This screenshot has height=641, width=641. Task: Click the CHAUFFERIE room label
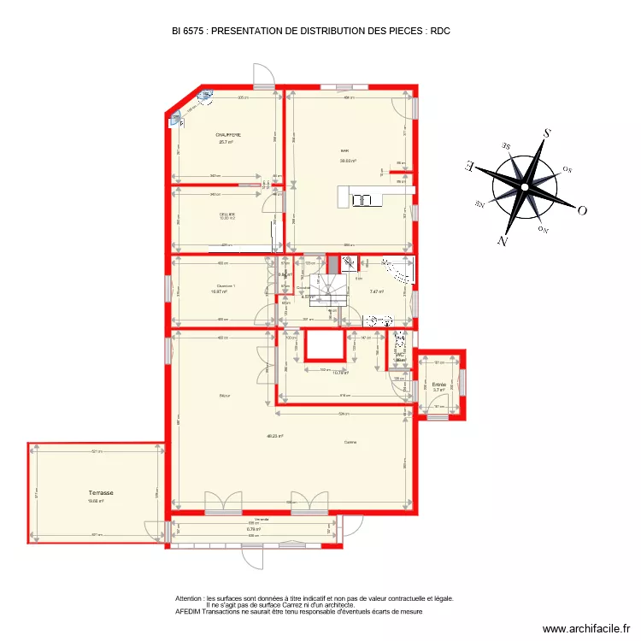(228, 135)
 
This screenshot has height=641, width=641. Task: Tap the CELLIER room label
(227, 214)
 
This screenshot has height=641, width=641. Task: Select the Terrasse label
(101, 493)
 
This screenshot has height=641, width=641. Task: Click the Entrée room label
(439, 385)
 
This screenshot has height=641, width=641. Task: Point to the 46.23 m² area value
(274, 436)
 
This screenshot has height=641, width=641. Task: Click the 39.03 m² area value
(347, 160)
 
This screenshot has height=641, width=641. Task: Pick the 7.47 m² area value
(376, 291)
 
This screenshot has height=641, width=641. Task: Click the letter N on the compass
(503, 242)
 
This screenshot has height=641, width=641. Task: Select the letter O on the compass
(582, 209)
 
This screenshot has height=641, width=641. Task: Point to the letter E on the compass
(469, 166)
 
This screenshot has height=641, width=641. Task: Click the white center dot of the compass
(525, 187)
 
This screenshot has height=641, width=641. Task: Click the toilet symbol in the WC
(400, 346)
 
